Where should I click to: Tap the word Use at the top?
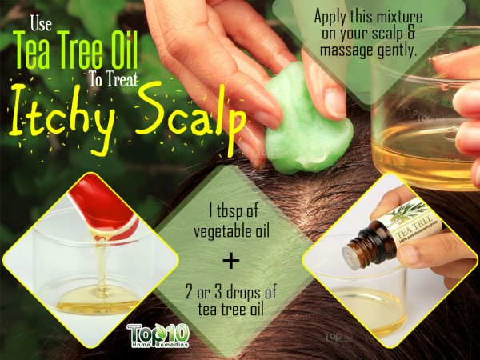41,25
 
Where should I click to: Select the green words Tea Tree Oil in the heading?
75,50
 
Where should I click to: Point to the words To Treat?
114,79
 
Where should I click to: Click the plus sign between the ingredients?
231,261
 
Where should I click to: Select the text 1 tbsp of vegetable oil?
232,222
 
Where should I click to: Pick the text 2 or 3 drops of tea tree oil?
231,300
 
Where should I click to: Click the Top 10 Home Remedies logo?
158,335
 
